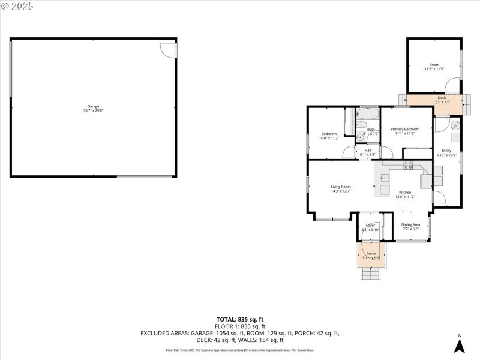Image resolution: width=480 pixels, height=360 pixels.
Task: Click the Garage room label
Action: pos(93,109)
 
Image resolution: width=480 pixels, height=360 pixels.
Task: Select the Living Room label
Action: pos(341,189)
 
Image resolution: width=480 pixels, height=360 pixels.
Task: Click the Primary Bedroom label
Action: pos(404,131)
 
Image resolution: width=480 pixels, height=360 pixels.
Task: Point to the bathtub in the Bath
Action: pos(367,114)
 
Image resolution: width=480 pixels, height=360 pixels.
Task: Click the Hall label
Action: pos(367,152)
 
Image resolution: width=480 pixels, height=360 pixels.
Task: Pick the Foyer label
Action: pos(371,227)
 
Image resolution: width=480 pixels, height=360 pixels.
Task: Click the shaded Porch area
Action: pos(371,255)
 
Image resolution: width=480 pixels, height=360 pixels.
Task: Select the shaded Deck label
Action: pos(441,100)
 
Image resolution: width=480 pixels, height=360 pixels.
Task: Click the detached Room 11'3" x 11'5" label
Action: pos(434,67)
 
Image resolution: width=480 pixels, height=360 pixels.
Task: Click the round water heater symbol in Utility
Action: pos(455,125)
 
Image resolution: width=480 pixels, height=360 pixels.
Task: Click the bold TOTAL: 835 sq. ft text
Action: pos(240,319)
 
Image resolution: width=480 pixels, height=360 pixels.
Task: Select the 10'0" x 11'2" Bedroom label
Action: pos(329,136)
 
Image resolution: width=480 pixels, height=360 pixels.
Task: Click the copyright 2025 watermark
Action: pos(18,6)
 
